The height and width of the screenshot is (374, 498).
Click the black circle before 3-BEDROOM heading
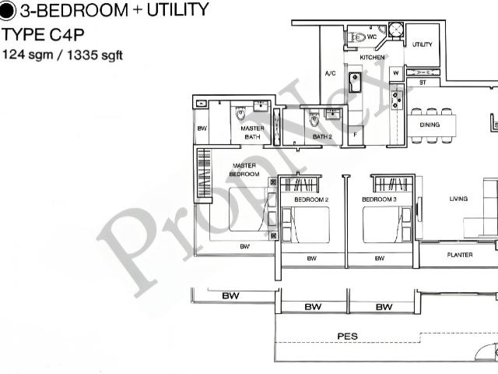tap(8, 11)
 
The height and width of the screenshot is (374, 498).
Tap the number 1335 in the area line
tap(83, 55)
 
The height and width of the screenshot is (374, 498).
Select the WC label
tap(372, 37)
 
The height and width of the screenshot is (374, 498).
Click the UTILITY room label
tap(423, 44)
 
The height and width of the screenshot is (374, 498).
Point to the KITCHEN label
tap(371, 58)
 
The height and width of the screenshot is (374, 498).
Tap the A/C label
tap(330, 75)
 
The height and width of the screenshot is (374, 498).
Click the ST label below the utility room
tap(423, 81)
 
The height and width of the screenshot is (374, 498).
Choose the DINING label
tap(430, 125)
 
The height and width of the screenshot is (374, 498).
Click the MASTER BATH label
tap(251, 132)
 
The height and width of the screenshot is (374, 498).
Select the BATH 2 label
tap(322, 137)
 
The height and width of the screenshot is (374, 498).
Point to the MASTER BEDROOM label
tap(244, 170)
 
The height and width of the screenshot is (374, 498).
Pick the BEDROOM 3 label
tap(379, 200)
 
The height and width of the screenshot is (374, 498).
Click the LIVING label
tap(458, 199)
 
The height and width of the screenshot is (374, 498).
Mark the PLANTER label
tap(459, 255)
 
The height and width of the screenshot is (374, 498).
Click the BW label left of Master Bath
tap(202, 129)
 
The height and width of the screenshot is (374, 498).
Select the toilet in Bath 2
tap(314, 119)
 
